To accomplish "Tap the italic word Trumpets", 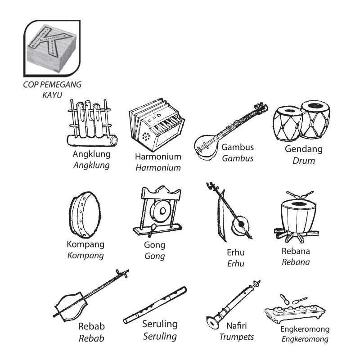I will tap(237, 337).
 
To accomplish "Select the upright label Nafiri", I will tap(237, 326).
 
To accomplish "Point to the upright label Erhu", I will tap(235, 252).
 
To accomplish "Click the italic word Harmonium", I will tap(158, 168).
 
